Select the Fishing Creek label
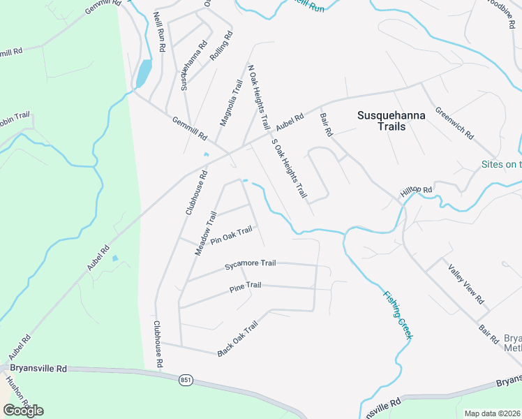click(x=397, y=315)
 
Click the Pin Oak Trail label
click(x=231, y=235)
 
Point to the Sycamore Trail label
click(x=251, y=265)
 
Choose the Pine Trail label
click(x=245, y=286)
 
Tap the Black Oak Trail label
click(x=237, y=339)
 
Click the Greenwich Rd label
click(x=454, y=122)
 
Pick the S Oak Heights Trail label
click(x=288, y=168)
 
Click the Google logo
click(x=23, y=410)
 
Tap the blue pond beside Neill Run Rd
click(x=143, y=73)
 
